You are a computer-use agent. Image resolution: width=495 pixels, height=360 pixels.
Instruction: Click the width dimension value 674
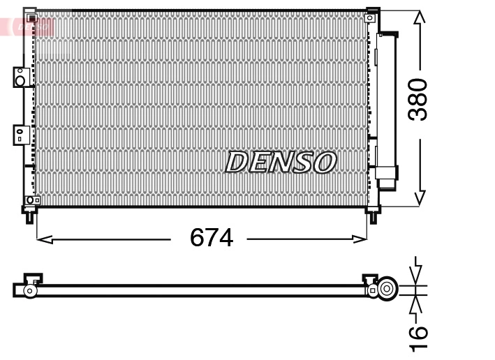(x=211, y=239)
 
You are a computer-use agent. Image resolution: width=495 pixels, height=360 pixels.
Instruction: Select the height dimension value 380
(x=418, y=99)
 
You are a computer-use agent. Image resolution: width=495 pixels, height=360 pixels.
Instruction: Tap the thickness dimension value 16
(x=418, y=337)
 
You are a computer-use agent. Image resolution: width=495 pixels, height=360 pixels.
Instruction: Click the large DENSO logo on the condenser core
(x=280, y=163)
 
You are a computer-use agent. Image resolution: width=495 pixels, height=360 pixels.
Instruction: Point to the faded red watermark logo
(x=28, y=27)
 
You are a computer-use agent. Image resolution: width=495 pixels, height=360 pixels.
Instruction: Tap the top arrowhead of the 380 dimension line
(x=418, y=17)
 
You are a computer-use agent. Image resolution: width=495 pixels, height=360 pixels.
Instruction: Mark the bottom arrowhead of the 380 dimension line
(x=418, y=199)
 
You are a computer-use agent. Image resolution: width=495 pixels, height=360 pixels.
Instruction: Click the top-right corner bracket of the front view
(x=374, y=14)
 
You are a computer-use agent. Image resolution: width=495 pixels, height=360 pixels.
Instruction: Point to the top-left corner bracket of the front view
(x=29, y=14)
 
